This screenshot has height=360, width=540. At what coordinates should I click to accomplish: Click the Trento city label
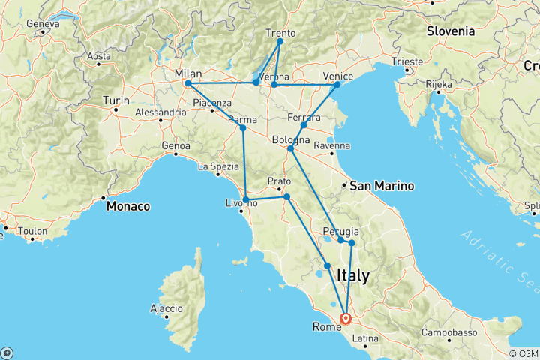point(282,33)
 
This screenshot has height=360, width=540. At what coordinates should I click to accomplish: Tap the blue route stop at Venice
point(337,84)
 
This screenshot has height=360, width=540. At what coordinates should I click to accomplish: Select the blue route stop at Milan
point(187,83)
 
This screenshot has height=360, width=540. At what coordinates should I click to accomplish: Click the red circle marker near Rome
point(346,318)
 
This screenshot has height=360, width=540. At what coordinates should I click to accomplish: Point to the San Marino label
point(379,185)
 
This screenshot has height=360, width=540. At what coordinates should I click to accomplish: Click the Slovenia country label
point(450,31)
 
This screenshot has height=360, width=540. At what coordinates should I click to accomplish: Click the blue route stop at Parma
point(242,128)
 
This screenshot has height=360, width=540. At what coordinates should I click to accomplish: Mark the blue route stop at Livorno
point(246,199)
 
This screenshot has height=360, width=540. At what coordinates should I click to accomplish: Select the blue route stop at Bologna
point(290,149)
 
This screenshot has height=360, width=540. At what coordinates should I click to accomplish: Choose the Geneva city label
point(43,24)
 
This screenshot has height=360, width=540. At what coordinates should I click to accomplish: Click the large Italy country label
point(353,276)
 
